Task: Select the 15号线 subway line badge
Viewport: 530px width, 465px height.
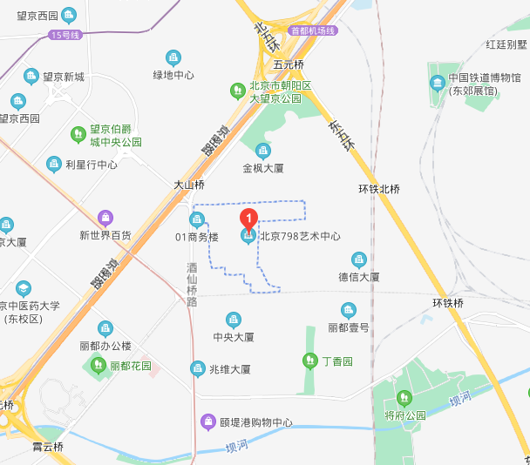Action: (x=65, y=35)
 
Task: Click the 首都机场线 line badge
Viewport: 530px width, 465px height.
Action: (x=314, y=30)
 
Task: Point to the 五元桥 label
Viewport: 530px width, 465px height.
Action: (x=288, y=64)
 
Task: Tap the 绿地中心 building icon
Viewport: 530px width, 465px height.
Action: (x=173, y=57)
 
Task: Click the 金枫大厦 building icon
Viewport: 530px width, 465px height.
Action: (x=262, y=151)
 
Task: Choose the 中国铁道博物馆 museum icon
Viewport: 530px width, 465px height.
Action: (x=438, y=83)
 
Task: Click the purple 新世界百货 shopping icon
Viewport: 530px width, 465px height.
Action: (x=105, y=217)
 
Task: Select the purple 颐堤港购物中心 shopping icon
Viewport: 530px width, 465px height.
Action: (x=208, y=423)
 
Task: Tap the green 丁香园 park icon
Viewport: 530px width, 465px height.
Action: (x=309, y=361)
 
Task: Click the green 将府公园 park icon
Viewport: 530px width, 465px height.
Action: (x=403, y=398)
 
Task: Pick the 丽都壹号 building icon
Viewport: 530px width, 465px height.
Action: (x=349, y=310)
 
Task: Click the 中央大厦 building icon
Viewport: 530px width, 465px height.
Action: (x=233, y=319)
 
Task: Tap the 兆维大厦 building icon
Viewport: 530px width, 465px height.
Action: (x=198, y=368)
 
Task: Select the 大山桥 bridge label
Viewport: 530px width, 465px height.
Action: (x=188, y=185)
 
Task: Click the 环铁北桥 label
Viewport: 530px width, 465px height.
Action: (x=379, y=189)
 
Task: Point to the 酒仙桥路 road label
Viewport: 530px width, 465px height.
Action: (x=193, y=285)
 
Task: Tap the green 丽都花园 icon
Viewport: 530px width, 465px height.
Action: (x=98, y=366)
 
